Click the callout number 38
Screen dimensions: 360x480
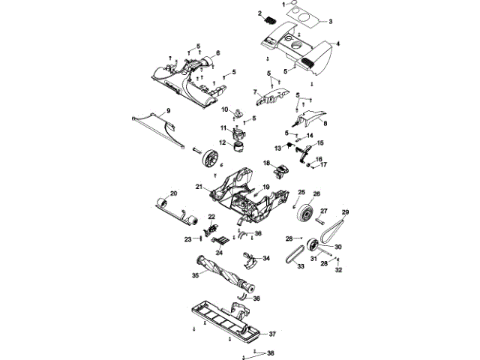[271, 352]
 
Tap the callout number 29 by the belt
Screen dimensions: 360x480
[346, 213]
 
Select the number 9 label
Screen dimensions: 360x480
[168, 111]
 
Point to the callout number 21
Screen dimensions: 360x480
[199, 186]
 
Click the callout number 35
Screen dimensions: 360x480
[196, 276]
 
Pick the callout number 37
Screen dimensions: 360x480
[273, 333]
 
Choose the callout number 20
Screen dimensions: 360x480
[173, 193]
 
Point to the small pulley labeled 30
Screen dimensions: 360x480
[312, 247]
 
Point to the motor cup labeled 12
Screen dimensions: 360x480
[238, 148]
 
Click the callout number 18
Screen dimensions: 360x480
[265, 163]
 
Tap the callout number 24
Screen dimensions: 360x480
[220, 252]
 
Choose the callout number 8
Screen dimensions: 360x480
[325, 122]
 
